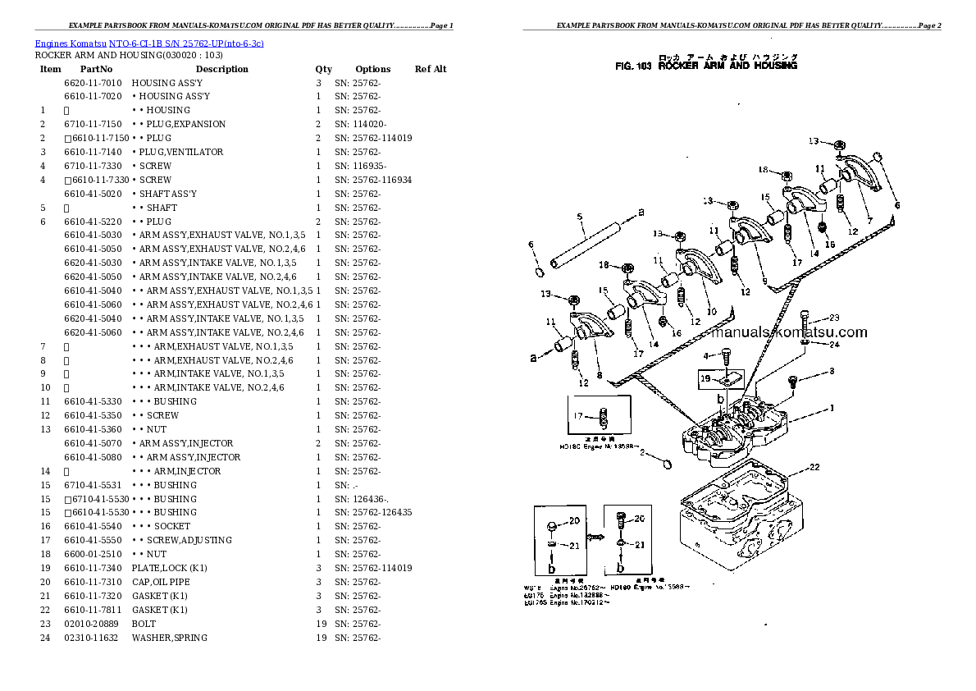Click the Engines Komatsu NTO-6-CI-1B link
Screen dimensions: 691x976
coord(149,43)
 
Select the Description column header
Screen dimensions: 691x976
coord(221,69)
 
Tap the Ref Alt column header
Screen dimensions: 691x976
coord(431,69)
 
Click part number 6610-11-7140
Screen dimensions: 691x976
coord(93,152)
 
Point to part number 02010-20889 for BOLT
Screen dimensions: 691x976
coord(93,624)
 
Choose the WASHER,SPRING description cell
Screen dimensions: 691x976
coord(169,638)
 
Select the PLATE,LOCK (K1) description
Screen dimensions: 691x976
coord(169,568)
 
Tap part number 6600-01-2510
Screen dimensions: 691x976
coord(93,554)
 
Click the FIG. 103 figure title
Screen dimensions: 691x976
coord(705,66)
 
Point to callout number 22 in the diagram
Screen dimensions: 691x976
coord(814,468)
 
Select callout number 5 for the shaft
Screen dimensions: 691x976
coord(579,217)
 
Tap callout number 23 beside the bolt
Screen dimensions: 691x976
coord(834,318)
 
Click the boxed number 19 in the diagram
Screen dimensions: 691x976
coord(705,379)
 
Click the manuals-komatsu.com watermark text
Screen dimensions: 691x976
coord(789,332)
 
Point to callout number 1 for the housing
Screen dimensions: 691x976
coord(832,408)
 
